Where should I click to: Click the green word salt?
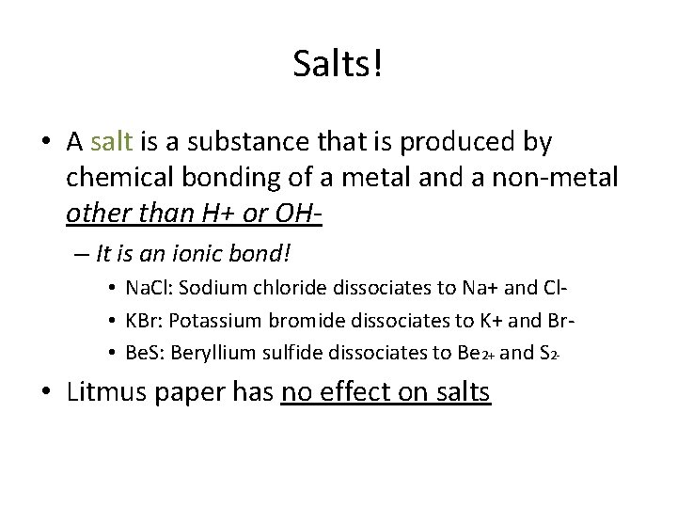coord(114,142)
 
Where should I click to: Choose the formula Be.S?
coord(146,354)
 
